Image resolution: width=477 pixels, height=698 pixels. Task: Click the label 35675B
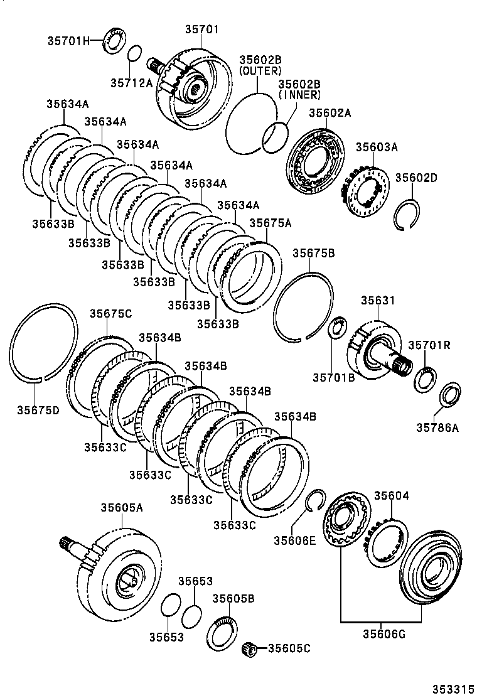pos(313,253)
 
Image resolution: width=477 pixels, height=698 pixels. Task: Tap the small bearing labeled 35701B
pos(338,328)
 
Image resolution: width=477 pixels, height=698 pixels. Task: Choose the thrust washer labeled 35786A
pos(450,394)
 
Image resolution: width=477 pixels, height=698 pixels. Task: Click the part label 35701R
pos(429,345)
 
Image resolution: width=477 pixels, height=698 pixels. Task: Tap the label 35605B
pos(233,598)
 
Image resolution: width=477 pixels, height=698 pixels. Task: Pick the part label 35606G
pos(383,634)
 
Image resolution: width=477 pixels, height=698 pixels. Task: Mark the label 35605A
pos(120,507)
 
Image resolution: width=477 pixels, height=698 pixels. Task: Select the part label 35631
pos(378,301)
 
